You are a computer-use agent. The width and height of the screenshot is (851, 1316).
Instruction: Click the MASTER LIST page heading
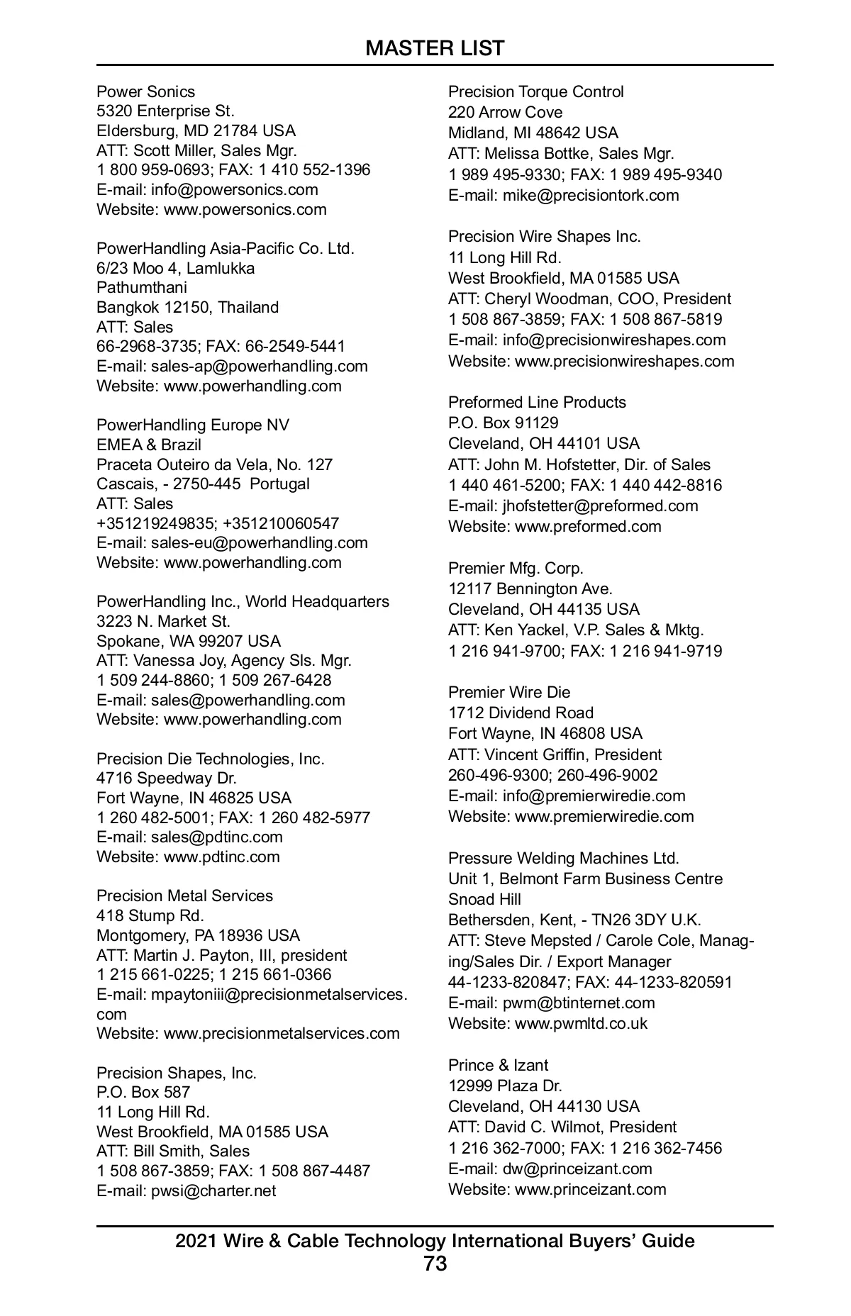point(435,48)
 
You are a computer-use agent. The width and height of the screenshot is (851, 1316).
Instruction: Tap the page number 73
point(435,1264)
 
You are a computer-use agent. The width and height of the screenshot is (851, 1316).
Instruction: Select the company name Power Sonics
point(145,91)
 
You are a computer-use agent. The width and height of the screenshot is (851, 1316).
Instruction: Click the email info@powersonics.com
point(234,189)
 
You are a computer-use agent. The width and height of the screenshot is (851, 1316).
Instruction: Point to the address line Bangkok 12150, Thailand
point(187,307)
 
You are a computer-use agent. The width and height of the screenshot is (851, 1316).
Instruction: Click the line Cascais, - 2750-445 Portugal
point(203,484)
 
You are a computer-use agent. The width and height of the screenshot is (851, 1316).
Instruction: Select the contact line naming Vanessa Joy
point(223,660)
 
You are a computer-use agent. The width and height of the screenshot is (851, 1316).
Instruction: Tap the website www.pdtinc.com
point(221,857)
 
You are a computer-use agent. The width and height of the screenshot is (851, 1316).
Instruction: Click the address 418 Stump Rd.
point(150,915)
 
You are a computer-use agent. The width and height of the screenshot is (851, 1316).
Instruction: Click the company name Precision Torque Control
point(535,91)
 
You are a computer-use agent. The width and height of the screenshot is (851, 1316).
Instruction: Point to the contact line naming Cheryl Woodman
point(589,299)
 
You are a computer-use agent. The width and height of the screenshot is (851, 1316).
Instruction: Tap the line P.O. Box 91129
point(503,423)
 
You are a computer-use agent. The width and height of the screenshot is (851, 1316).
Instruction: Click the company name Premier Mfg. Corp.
point(516,568)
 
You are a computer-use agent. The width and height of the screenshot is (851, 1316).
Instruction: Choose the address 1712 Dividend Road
point(521,713)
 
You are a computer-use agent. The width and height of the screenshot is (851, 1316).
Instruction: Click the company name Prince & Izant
point(498,1065)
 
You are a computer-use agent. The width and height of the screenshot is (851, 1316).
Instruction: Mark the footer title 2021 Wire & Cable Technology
point(435,1241)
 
